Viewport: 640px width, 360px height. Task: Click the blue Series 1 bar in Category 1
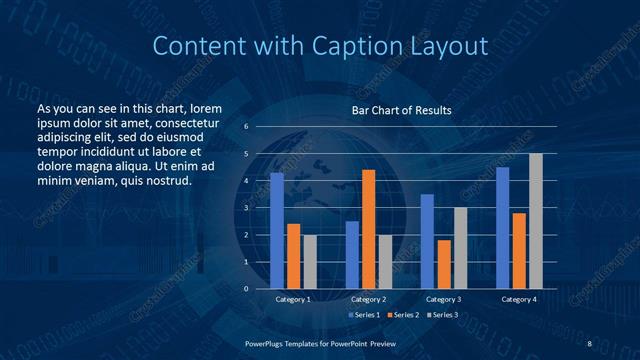point(277,231)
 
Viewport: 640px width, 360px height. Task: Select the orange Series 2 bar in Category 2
point(368,229)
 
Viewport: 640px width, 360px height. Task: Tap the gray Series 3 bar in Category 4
point(536,221)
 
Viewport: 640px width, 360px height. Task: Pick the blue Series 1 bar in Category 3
point(427,241)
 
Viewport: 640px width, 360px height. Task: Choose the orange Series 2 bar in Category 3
point(444,264)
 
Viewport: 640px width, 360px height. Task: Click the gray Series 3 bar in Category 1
point(310,261)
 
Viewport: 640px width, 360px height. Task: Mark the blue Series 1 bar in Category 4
point(502,228)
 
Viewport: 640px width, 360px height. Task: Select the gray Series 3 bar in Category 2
point(385,261)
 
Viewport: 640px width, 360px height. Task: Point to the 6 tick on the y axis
point(246,127)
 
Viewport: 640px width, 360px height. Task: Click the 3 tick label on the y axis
point(246,208)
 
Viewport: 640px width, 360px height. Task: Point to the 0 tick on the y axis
point(246,288)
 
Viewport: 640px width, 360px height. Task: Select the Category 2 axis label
point(368,299)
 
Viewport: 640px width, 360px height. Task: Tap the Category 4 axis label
point(519,299)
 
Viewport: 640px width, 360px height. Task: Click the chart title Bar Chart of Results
point(401,110)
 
